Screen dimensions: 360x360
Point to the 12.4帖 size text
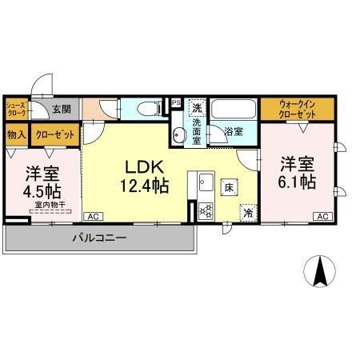(144, 187)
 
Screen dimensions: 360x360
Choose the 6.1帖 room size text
(297, 182)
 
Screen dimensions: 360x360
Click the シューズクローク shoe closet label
(16, 110)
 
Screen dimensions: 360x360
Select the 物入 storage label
(16, 135)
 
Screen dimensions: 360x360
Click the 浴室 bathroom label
(234, 131)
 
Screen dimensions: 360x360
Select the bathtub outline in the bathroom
(234, 110)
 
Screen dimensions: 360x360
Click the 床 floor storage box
(228, 189)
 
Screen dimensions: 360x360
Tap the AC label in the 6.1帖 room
(323, 216)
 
